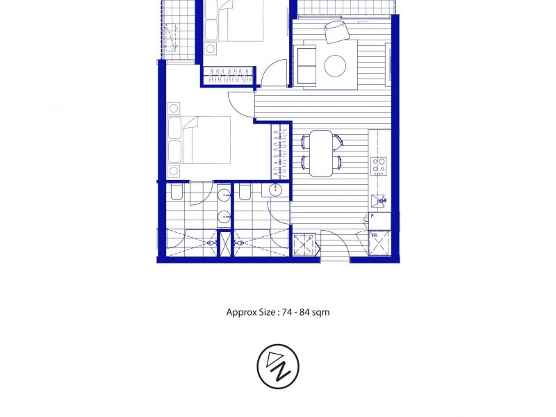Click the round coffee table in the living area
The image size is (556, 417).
pyautogui.click(x=335, y=66)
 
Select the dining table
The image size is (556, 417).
pyautogui.click(x=321, y=153)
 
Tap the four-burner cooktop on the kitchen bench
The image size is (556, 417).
pyautogui.click(x=379, y=165)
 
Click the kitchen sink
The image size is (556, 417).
pyautogui.click(x=379, y=202)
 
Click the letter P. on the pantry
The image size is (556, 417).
pyautogui.click(x=373, y=217)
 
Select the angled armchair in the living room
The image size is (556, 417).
pyautogui.click(x=336, y=30)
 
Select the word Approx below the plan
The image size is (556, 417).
pyautogui.click(x=240, y=312)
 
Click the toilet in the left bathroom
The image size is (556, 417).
pyautogui.click(x=176, y=193)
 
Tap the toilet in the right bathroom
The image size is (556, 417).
pyautogui.click(x=245, y=193)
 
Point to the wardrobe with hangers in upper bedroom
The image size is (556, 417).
pyautogui.click(x=229, y=76)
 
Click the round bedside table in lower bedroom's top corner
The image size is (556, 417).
pyautogui.click(x=174, y=108)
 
